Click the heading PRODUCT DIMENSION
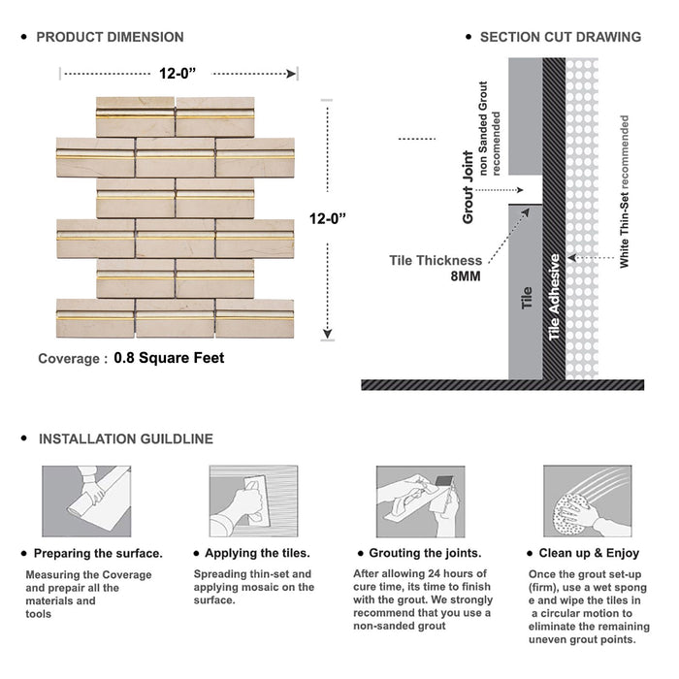[110, 37]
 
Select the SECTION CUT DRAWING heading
[561, 37]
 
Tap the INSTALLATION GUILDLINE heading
[125, 439]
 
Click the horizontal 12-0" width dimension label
[179, 72]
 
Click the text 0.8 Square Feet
[169, 358]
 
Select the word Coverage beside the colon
[69, 359]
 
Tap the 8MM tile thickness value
[465, 276]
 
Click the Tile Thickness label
[436, 260]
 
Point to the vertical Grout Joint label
[469, 187]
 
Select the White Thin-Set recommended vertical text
[626, 192]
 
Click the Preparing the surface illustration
[86, 501]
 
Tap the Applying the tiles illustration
[252, 501]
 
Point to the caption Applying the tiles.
[258, 554]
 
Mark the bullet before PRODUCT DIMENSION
[22, 37]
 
